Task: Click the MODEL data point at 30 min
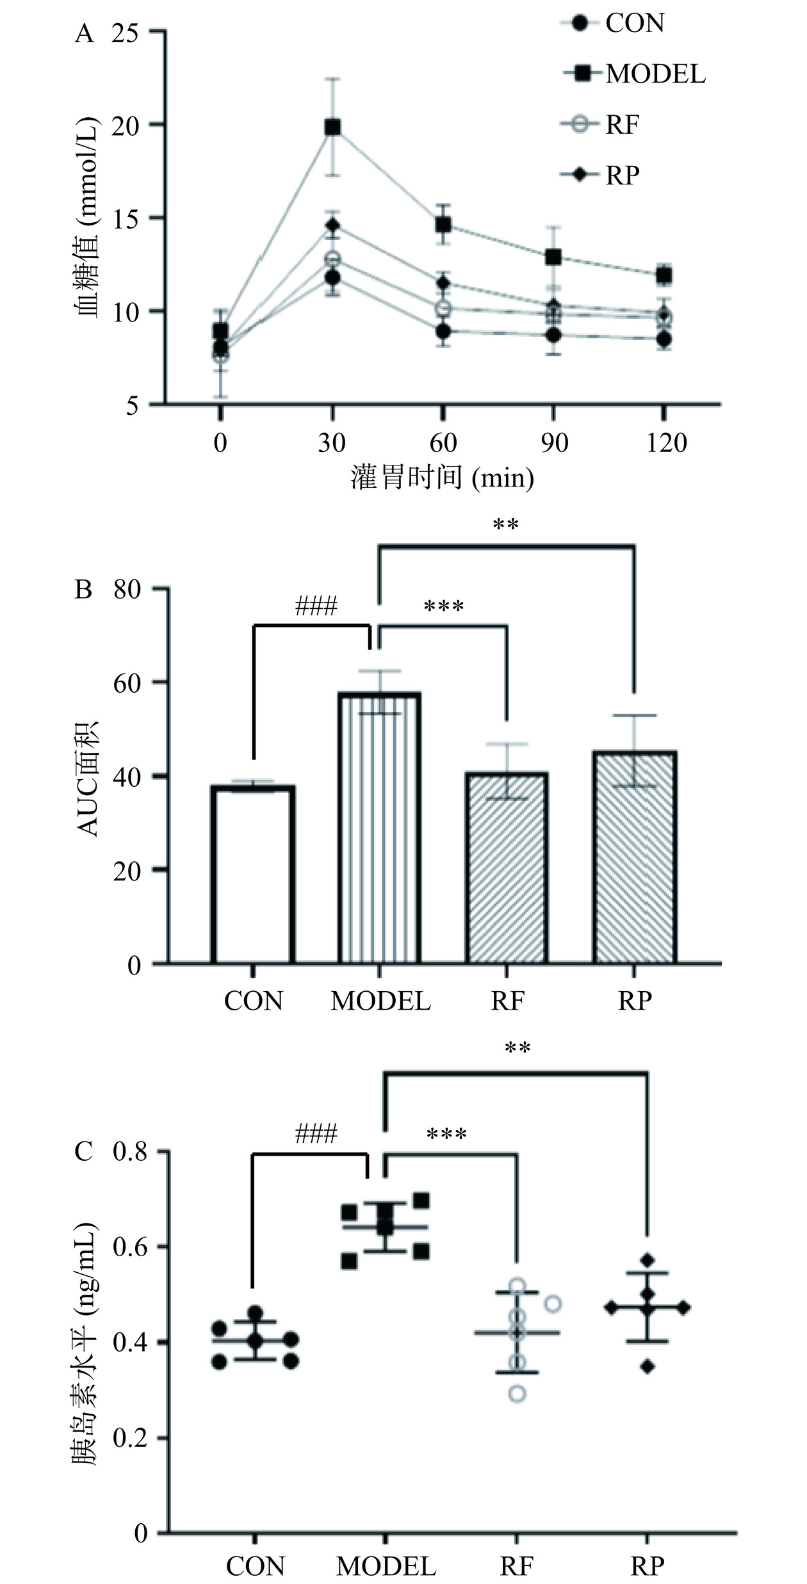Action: (x=332, y=127)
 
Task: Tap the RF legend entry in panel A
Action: (x=621, y=124)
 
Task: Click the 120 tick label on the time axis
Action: (x=666, y=443)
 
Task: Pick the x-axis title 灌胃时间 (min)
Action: (x=442, y=478)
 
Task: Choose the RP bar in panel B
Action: (x=634, y=858)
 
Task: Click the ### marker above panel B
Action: (x=316, y=606)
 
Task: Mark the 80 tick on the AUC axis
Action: (x=127, y=590)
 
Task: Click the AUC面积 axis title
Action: (x=88, y=779)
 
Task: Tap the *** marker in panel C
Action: (x=446, y=1135)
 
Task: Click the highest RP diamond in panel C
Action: (x=648, y=1260)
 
